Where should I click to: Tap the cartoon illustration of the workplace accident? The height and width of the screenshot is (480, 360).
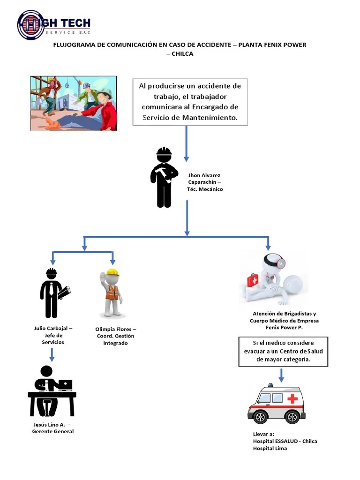pos(74,103)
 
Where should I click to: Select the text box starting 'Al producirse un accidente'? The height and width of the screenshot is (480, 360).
pos(190,102)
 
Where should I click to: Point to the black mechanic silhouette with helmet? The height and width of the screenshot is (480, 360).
pos(164,177)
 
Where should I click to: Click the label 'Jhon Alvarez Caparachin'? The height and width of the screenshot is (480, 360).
pos(204,182)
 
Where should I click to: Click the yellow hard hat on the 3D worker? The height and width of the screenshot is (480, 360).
pos(112,272)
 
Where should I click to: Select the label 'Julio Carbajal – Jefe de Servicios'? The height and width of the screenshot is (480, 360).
pos(53,335)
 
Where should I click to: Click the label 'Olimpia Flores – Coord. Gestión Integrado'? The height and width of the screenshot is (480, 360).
pos(115,336)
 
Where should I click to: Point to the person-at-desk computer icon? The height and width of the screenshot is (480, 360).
pos(52,391)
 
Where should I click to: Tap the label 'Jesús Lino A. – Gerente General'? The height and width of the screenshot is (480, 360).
pos(52,428)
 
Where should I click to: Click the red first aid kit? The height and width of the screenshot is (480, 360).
pos(253,280)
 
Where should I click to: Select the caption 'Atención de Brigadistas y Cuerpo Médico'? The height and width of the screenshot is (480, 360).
pos(284,321)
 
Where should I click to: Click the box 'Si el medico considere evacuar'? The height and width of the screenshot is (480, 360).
pos(283,351)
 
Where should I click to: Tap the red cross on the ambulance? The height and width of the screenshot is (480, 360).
pos(292,399)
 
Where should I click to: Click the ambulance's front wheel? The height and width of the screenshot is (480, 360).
pos(260,416)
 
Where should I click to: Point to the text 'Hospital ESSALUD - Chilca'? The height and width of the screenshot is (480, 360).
pos(285,441)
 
